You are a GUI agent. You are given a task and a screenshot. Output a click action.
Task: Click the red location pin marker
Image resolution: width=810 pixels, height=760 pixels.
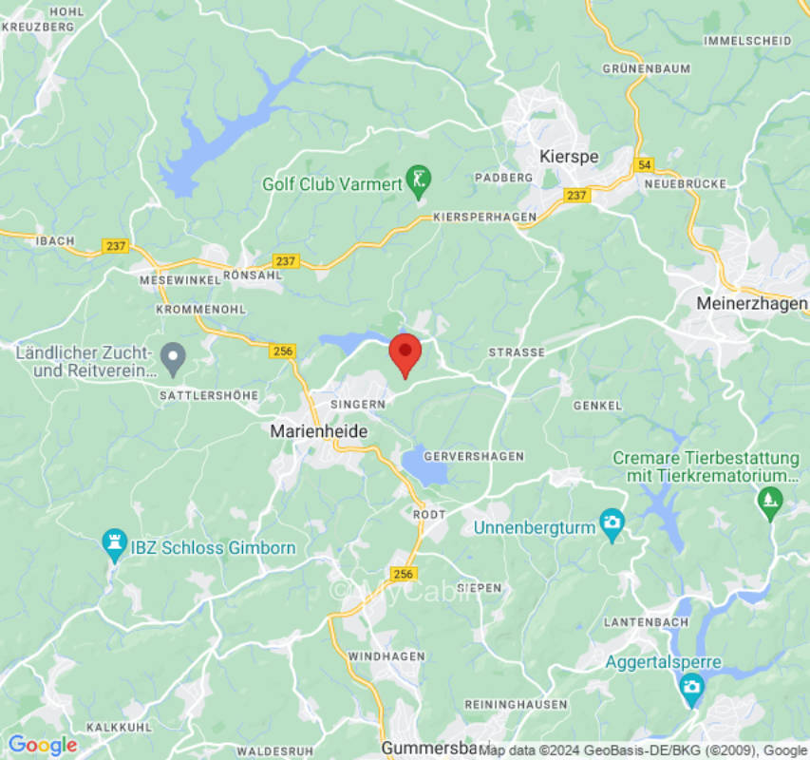point(405,354)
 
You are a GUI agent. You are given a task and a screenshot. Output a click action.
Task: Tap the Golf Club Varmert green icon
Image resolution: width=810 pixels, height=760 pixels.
point(418,178)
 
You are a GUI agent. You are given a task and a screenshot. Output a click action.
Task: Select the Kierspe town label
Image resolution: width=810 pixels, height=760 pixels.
point(568,157)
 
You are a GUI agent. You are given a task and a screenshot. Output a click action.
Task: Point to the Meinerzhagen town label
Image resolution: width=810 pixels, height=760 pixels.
point(751,303)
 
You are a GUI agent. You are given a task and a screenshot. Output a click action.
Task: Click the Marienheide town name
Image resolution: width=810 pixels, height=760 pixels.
point(319,431)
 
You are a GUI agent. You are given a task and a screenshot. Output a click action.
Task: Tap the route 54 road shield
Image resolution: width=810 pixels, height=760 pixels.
point(646,164)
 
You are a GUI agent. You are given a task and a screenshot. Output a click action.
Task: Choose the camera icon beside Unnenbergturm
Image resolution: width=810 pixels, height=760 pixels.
point(612,522)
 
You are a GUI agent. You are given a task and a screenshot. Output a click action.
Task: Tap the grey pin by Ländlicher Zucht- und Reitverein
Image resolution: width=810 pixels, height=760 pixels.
point(172,357)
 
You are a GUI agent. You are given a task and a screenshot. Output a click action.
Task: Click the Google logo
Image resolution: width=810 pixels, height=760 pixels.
point(42,746)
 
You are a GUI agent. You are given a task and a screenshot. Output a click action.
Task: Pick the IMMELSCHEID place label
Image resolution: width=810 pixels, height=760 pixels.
point(747,41)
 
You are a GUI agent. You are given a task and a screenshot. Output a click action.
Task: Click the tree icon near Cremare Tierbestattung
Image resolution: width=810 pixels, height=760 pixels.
point(769,498)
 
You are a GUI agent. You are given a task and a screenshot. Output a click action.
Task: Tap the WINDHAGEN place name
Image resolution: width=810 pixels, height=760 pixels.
point(386,657)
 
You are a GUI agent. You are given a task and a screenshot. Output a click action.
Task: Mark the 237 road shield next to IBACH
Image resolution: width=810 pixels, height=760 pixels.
point(116,246)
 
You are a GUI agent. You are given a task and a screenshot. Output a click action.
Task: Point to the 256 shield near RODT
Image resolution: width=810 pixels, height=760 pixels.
point(404,574)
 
